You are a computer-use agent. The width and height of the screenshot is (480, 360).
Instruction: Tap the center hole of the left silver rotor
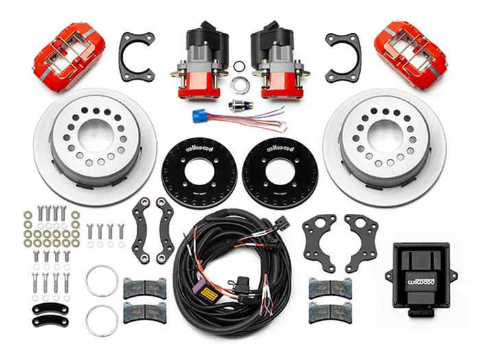(x=93, y=135)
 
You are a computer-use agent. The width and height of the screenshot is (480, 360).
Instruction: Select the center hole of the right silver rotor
(x=385, y=135)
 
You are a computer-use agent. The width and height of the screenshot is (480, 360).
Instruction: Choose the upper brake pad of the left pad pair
(x=144, y=288)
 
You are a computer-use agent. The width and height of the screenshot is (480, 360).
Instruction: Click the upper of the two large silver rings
(x=102, y=280)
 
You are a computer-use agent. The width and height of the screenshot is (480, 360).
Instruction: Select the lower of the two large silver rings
(x=102, y=320)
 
